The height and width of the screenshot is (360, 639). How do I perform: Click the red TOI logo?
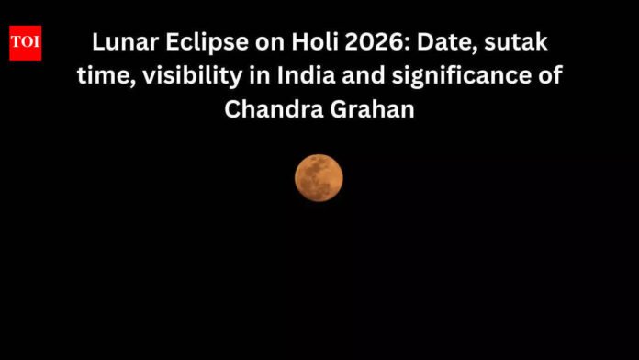click(x=25, y=43)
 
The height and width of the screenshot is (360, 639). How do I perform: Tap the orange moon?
click(x=319, y=178)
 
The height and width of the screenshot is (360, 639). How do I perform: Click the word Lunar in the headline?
click(x=120, y=42)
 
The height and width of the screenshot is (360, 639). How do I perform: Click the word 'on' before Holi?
click(x=254, y=42)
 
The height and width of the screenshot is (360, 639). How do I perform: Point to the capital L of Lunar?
click(x=97, y=42)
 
